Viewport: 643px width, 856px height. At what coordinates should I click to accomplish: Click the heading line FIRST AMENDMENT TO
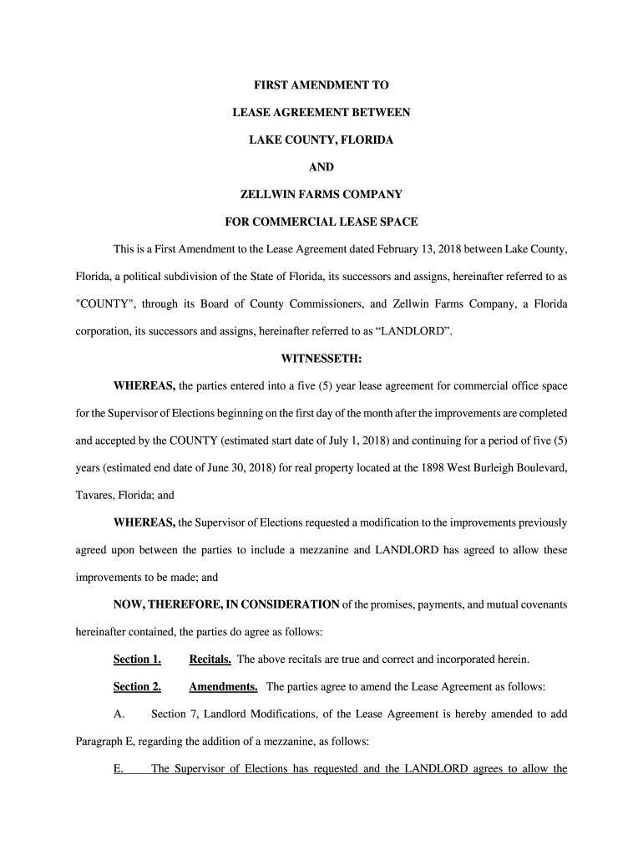point(321,85)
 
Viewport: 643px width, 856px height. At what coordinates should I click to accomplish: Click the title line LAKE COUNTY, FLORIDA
point(321,140)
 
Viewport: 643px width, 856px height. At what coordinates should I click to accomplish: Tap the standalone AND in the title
point(321,167)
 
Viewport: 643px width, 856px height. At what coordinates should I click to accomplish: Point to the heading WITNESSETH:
point(321,359)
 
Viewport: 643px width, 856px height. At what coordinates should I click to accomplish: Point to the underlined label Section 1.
point(137,660)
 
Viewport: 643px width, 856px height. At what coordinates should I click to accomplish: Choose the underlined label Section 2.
point(137,687)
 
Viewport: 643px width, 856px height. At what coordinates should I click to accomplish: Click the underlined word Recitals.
point(210,660)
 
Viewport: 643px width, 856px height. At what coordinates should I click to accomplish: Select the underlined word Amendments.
point(223,687)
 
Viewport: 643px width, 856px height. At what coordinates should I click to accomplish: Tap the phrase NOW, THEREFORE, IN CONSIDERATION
point(226,604)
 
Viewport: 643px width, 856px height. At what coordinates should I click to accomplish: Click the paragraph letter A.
point(119,715)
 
